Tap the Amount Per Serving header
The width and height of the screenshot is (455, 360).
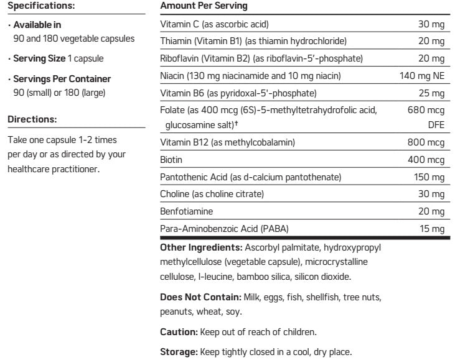tap(195, 6)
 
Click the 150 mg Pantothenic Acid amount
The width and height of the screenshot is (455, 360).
tap(429, 177)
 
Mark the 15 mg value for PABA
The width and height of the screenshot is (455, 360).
tap(432, 229)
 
